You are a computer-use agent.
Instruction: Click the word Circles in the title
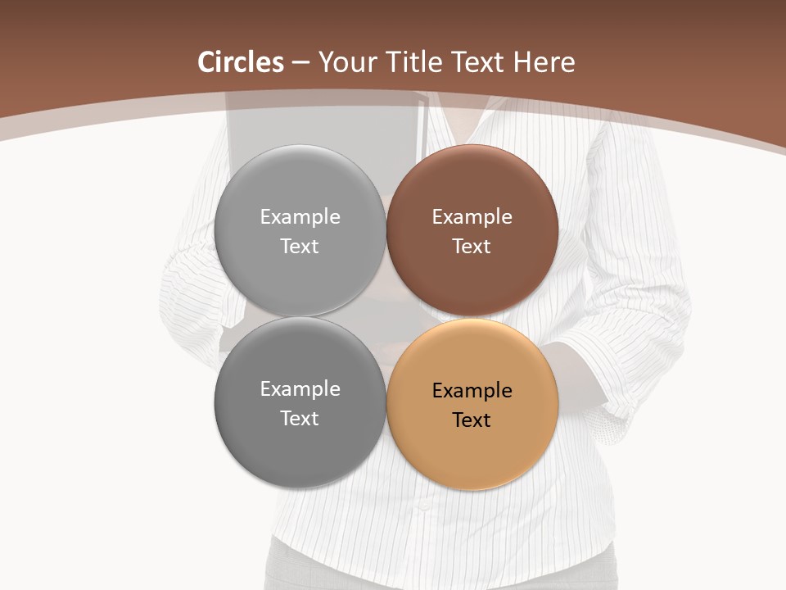pyautogui.click(x=240, y=62)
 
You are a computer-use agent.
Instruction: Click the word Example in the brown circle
pyautogui.click(x=472, y=217)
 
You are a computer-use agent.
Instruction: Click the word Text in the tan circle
pyautogui.click(x=472, y=420)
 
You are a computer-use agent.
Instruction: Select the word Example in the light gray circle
pyautogui.click(x=300, y=217)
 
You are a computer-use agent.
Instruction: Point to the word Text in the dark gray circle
pyautogui.click(x=300, y=418)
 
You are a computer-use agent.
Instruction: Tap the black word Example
pyautogui.click(x=472, y=391)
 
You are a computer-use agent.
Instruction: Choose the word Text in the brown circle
pyautogui.click(x=472, y=246)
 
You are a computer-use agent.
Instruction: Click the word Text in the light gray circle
pyautogui.click(x=300, y=246)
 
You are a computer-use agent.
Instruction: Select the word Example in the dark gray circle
pyautogui.click(x=300, y=389)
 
